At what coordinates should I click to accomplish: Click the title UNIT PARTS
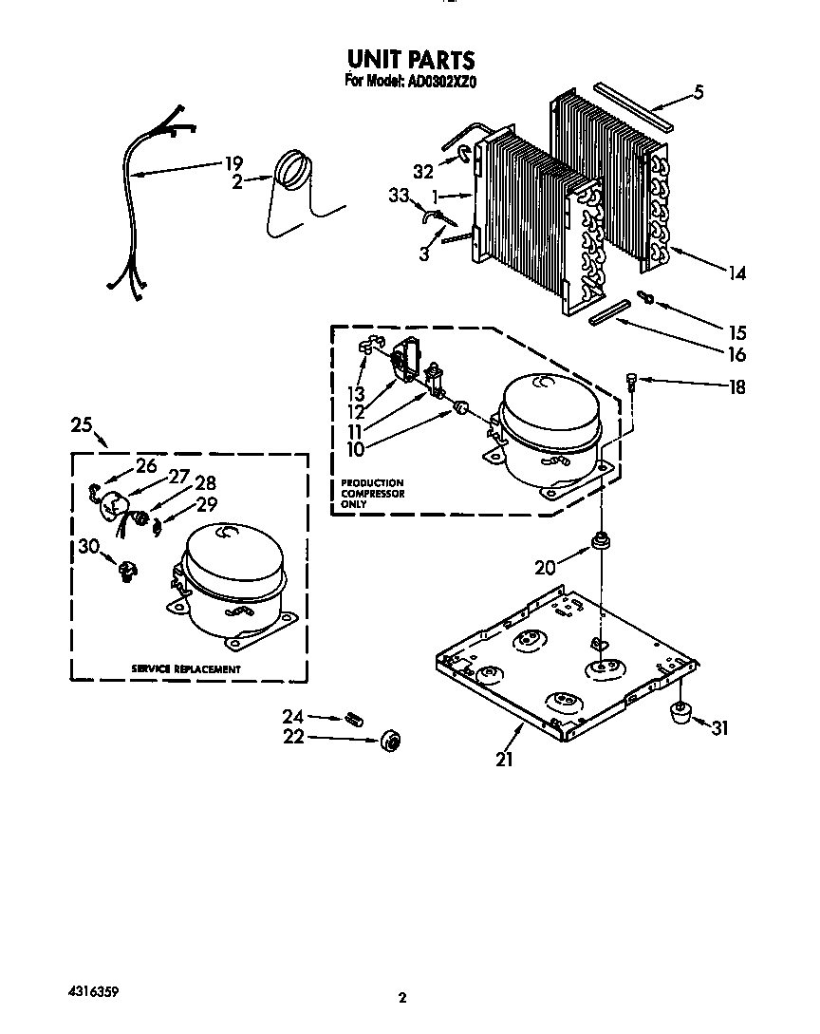(410, 61)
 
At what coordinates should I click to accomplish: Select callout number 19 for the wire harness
(233, 163)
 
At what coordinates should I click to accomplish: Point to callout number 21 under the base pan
(504, 759)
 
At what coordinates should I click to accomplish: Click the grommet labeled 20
(601, 542)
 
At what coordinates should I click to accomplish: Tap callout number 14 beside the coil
(736, 273)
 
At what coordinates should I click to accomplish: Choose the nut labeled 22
(390, 741)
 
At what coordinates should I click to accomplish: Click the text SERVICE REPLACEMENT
(186, 669)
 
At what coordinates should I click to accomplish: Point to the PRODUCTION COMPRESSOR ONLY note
(372, 494)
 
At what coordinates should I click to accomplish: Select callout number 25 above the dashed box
(82, 424)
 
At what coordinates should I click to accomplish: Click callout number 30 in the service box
(87, 545)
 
